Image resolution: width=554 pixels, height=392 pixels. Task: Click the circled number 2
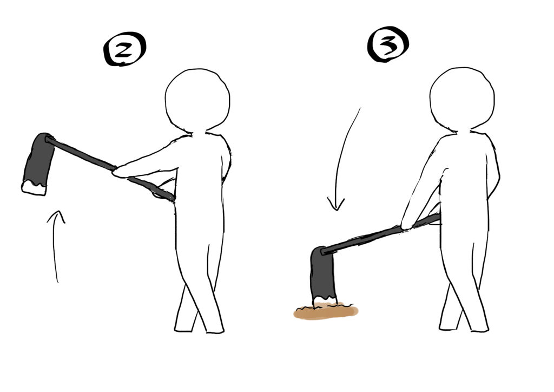(124, 49)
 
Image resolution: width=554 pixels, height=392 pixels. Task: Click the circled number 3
(388, 44)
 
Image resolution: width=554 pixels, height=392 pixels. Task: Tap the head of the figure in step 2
(197, 100)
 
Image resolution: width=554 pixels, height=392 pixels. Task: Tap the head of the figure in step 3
(462, 99)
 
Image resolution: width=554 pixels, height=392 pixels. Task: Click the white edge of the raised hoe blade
(34, 188)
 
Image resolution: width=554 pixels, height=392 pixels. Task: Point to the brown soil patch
(326, 311)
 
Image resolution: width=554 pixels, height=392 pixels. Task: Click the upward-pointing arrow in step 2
(55, 246)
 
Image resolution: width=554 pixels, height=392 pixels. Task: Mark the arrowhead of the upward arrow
(56, 217)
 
